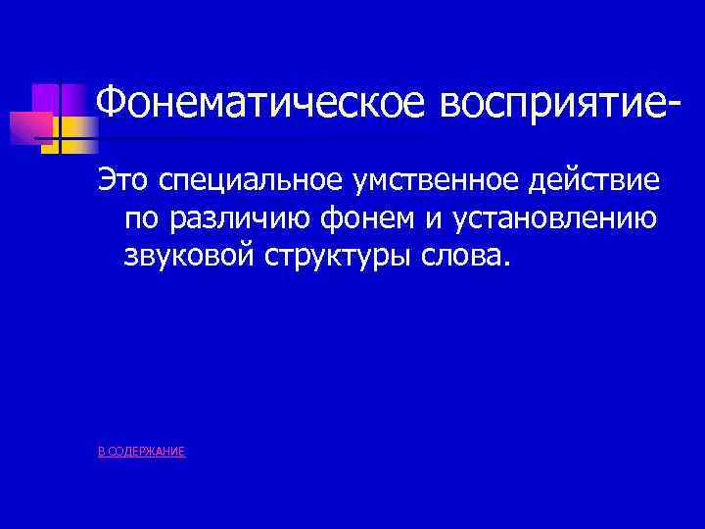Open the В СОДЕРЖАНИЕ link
[x=142, y=452]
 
